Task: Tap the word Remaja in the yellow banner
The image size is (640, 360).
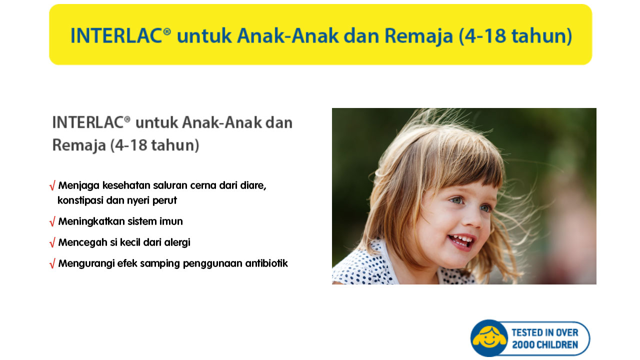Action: (418, 36)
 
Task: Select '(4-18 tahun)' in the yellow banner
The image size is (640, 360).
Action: (515, 36)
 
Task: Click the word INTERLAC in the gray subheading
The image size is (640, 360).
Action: (88, 122)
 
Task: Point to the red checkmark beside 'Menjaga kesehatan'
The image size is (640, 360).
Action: (52, 185)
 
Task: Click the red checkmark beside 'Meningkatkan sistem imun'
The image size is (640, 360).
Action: (52, 221)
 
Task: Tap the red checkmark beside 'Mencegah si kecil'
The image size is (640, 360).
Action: (52, 242)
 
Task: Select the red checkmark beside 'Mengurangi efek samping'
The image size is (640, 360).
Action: (52, 263)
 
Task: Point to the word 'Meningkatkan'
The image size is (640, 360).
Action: (91, 221)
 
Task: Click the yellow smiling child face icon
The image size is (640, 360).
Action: (489, 338)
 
